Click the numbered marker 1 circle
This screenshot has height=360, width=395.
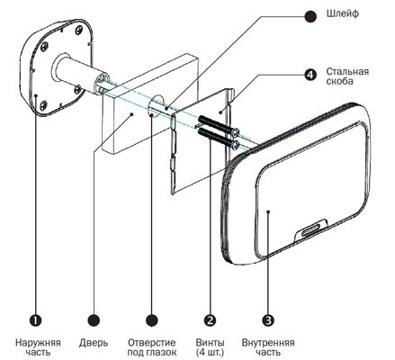click(x=36, y=320)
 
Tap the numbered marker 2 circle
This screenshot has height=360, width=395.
click(x=210, y=320)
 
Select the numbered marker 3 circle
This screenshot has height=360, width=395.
click(x=268, y=320)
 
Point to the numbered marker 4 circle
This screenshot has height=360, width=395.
click(x=310, y=75)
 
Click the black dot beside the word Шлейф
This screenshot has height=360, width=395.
click(x=310, y=16)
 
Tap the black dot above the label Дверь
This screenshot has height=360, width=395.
click(x=94, y=320)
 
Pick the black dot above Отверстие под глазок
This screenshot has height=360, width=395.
click(x=152, y=320)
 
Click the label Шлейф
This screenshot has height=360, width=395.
click(x=343, y=13)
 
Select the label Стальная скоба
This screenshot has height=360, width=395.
click(x=347, y=76)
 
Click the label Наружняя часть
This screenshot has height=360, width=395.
click(x=38, y=347)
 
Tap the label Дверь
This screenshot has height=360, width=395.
click(x=94, y=343)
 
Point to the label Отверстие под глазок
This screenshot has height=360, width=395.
click(x=152, y=347)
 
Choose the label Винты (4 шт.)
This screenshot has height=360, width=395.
click(x=210, y=347)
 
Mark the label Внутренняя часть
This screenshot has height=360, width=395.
click(x=268, y=347)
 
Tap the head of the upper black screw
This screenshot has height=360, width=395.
click(x=236, y=131)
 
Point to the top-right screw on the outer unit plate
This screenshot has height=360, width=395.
click(x=79, y=30)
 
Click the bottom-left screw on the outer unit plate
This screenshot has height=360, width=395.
click(x=44, y=105)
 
